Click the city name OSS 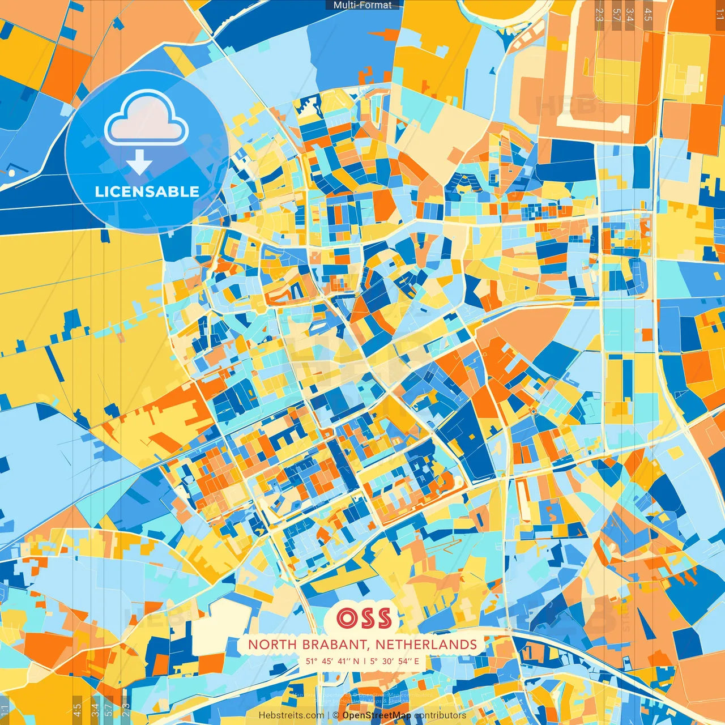pyautogui.click(x=364, y=618)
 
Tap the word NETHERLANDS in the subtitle pyautogui.click(x=426, y=645)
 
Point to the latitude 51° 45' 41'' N pyautogui.click(x=333, y=661)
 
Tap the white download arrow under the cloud pyautogui.click(x=139, y=161)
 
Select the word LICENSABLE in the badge pyautogui.click(x=147, y=191)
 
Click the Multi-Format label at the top pyautogui.click(x=362, y=5)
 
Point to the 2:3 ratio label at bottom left pyautogui.click(x=126, y=710)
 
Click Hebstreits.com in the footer pyautogui.click(x=291, y=715)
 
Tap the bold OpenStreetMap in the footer pyautogui.click(x=377, y=715)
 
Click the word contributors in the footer pyautogui.click(x=440, y=715)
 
